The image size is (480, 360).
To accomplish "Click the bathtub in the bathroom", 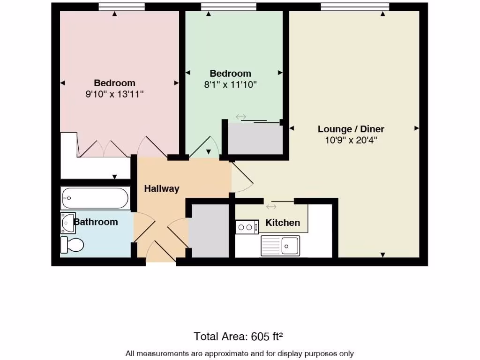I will coord(95,198).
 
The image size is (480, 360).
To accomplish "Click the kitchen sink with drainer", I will coord(280,246).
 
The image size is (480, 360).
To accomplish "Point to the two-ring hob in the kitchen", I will coord(247,227).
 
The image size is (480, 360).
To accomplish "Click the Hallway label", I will coord(161,188).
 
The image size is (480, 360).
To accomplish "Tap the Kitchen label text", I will coord(283,223).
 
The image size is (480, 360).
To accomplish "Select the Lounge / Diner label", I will coord(351,129).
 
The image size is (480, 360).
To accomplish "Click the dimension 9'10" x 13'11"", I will coord(114,94).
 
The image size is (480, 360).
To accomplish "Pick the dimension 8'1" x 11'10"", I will coord(230,85).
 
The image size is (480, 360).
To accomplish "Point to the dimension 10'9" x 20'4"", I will coord(351,140).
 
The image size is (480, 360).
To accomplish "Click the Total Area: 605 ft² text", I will coord(238,336).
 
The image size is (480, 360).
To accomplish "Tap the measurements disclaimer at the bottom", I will coord(240,353).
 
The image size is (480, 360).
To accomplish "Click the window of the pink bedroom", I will coord(122,7).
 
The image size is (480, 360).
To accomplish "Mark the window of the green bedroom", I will coord(229,7).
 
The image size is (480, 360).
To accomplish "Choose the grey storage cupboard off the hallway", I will coord(208,230).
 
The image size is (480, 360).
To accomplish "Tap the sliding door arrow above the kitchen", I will coord(271,206).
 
